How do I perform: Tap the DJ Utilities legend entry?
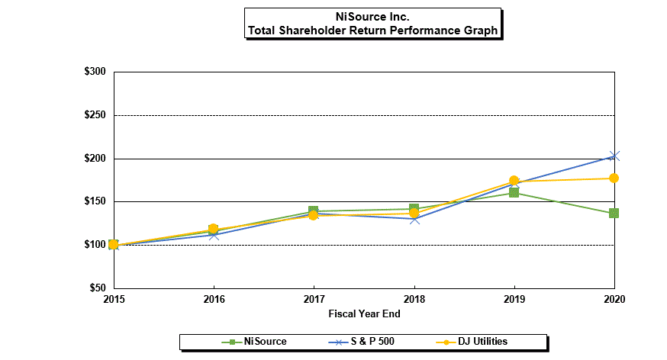click(x=482, y=342)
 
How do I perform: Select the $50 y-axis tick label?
click(x=98, y=288)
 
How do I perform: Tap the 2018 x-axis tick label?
click(x=414, y=299)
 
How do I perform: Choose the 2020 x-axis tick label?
click(x=614, y=299)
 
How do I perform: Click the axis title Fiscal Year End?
click(x=364, y=313)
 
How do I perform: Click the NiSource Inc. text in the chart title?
click(x=372, y=16)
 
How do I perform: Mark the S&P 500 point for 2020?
click(x=614, y=156)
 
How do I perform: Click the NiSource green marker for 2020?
click(x=614, y=213)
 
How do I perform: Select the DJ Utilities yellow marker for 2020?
click(x=614, y=178)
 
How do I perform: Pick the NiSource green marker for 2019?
click(x=514, y=193)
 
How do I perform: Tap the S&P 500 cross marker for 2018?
click(x=414, y=219)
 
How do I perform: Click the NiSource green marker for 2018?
click(x=414, y=208)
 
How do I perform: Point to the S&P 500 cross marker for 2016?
click(x=213, y=235)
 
